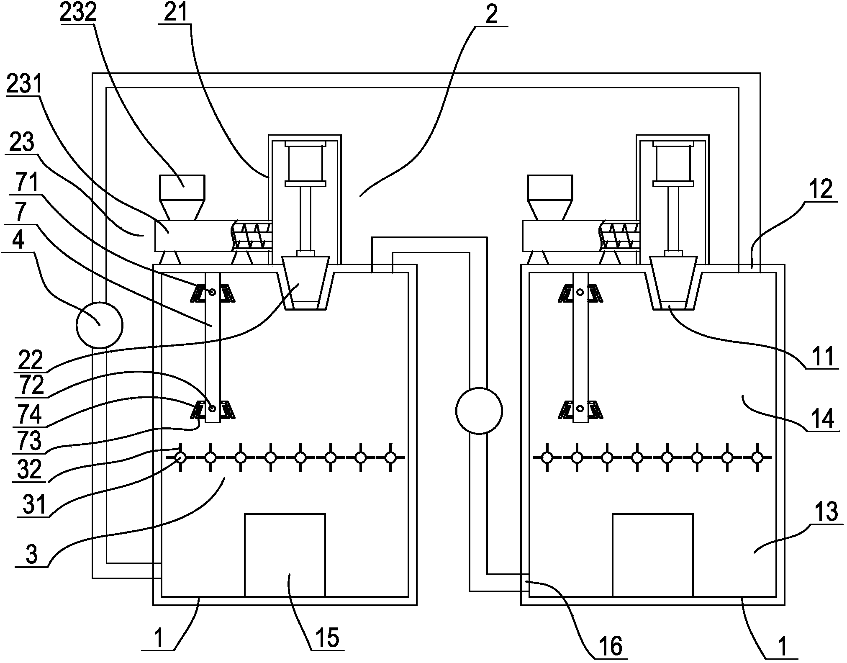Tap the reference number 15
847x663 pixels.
(x=327, y=638)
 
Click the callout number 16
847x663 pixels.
(x=611, y=646)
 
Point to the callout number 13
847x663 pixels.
(x=824, y=512)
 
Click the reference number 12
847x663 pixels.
(x=821, y=189)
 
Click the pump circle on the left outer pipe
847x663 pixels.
(x=100, y=324)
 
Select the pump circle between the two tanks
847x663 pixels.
(x=479, y=411)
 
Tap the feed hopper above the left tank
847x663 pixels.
(x=182, y=198)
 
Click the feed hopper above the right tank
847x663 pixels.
(x=550, y=198)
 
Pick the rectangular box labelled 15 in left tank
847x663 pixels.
(x=285, y=555)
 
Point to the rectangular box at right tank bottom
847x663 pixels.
(x=652, y=555)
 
